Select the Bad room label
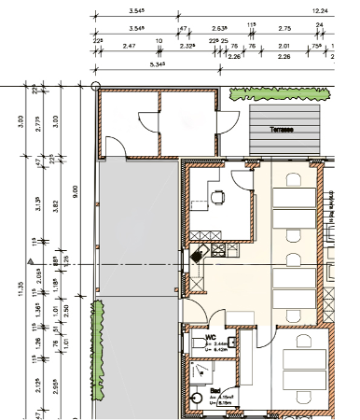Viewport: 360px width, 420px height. pyautogui.click(x=214, y=391)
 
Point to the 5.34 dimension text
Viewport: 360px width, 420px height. pyautogui.click(x=133, y=65)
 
